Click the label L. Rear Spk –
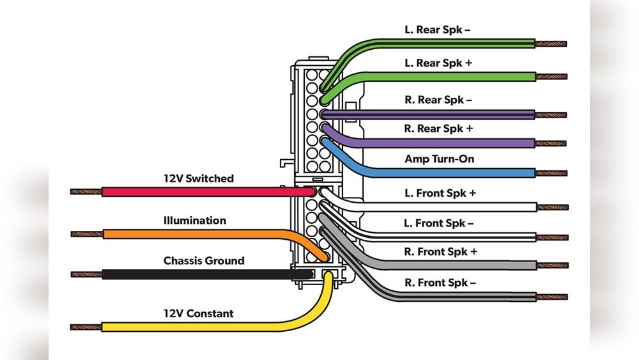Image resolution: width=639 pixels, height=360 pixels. tap(438, 30)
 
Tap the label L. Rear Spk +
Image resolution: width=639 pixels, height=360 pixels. tap(438, 63)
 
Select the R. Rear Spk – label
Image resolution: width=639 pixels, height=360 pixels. tap(438, 100)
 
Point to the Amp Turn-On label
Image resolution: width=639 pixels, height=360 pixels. tap(440, 159)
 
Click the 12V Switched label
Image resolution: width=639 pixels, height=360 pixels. tap(199, 179)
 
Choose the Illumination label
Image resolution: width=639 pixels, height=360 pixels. tap(195, 221)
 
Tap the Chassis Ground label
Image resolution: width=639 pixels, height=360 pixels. tap(204, 261)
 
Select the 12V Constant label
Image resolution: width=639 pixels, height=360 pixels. tap(199, 314)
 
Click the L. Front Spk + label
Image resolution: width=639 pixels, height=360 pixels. tap(441, 193)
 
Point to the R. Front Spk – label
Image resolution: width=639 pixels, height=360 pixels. tap(440, 283)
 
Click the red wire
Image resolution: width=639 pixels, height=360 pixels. tap(192, 192)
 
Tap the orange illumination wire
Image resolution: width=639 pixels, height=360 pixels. tap(192, 234)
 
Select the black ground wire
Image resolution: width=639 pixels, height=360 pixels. tap(192, 274)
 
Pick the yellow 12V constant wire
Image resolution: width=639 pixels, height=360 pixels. tap(192, 327)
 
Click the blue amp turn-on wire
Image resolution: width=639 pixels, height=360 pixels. tap(447, 173)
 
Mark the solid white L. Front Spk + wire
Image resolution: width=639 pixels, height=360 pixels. tap(447, 207)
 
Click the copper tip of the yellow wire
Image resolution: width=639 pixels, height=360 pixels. tap(86, 327)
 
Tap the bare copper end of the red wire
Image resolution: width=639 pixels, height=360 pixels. tap(86, 192)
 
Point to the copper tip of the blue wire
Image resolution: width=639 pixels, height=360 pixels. tap(551, 173)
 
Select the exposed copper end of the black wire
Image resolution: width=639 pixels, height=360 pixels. tap(86, 274)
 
